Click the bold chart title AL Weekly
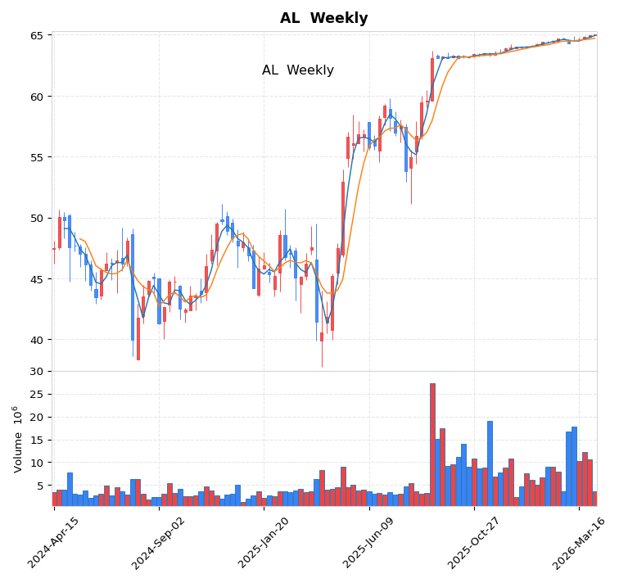click(323, 18)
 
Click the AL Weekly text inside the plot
click(298, 70)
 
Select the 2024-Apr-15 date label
click(54, 542)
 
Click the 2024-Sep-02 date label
click(159, 542)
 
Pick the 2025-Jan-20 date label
click(264, 542)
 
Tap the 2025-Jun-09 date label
click(368, 542)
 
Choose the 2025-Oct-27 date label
click(473, 542)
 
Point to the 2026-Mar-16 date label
click(578, 542)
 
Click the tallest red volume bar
click(432, 444)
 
